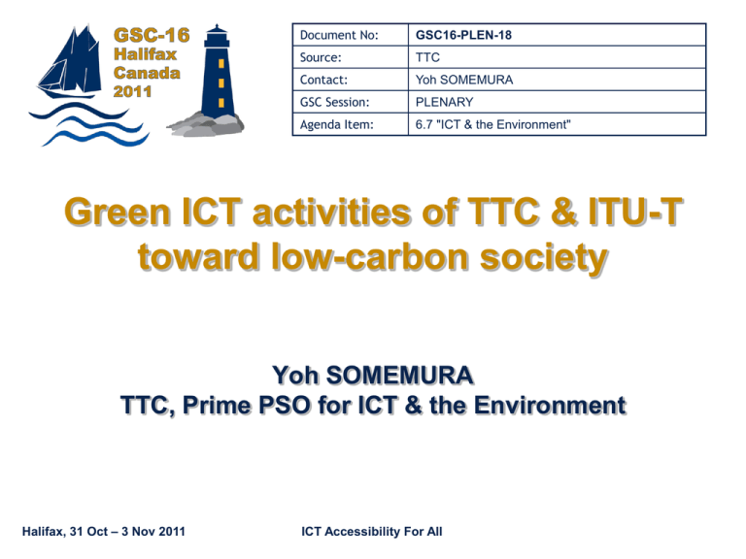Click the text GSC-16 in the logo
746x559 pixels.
[152, 35]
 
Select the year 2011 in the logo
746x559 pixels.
[132, 91]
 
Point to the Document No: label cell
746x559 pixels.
[339, 35]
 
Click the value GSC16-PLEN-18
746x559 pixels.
[463, 35]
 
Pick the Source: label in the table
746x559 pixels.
[321, 57]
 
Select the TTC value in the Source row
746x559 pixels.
[427, 57]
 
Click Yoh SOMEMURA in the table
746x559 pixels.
[464, 80]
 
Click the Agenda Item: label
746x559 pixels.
[337, 124]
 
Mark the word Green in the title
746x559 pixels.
[118, 212]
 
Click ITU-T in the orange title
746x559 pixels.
[635, 211]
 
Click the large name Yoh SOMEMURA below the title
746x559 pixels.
[373, 375]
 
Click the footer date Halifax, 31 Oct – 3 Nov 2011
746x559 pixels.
[104, 532]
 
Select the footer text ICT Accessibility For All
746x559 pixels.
[372, 532]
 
